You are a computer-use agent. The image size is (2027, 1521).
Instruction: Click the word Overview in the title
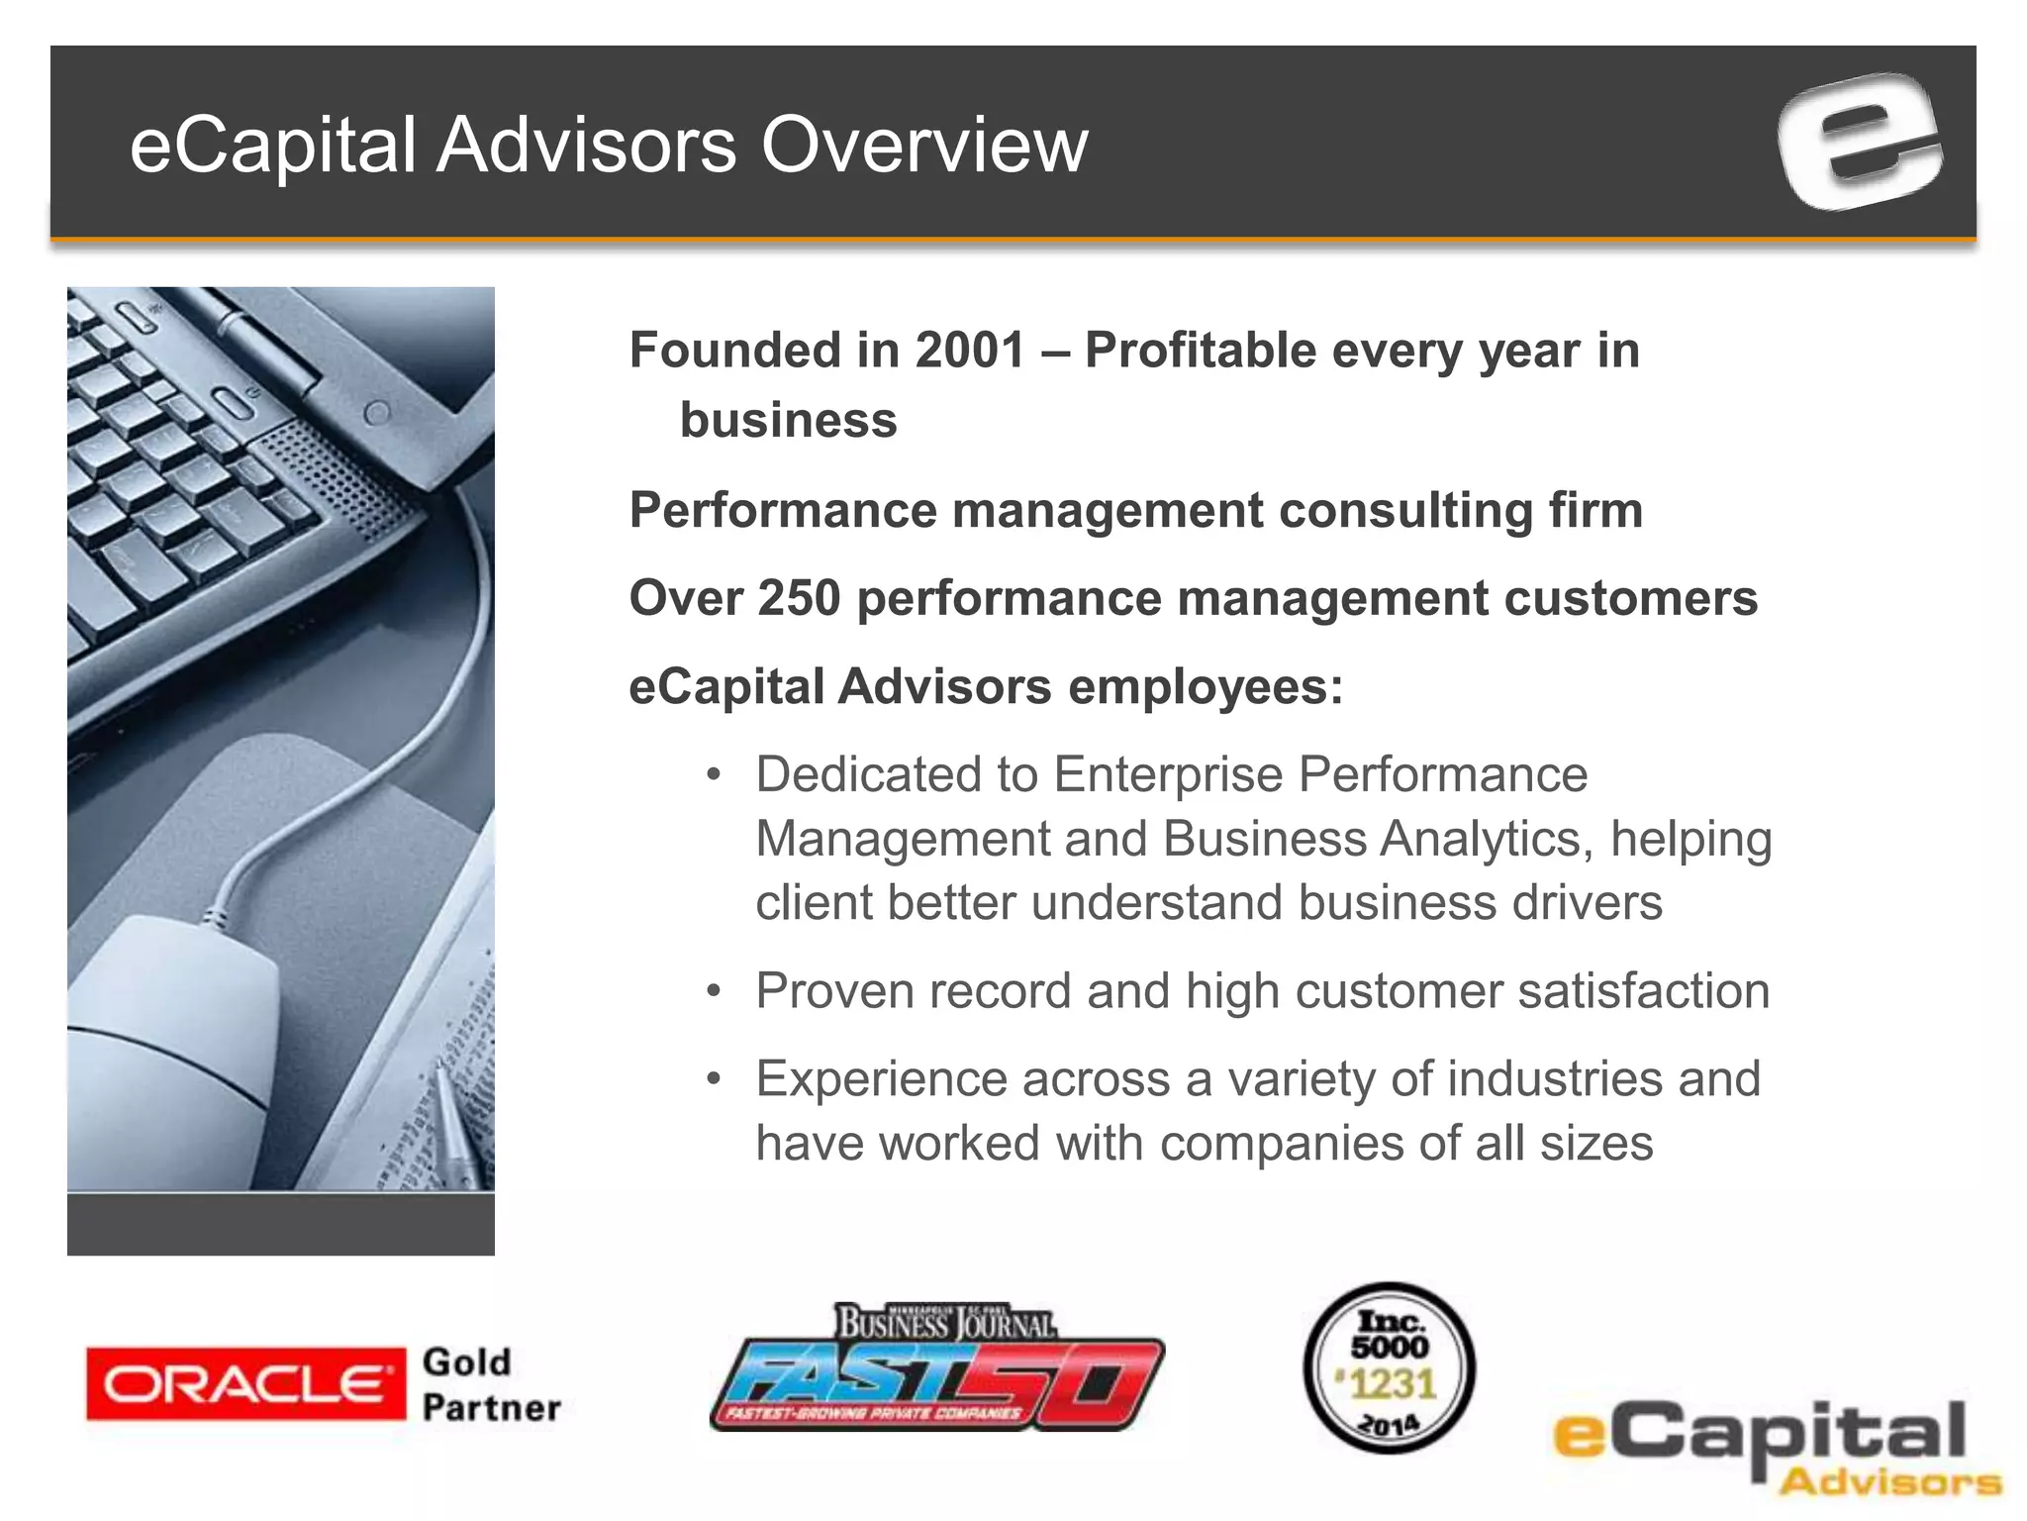(x=923, y=146)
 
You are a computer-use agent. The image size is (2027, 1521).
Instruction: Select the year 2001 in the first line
(x=970, y=351)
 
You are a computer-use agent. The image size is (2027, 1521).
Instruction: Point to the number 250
(x=799, y=598)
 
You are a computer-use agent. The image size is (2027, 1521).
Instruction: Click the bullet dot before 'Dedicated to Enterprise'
(x=714, y=774)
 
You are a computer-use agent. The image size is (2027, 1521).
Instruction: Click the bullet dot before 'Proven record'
(x=714, y=991)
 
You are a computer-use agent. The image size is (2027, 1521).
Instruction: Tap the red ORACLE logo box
(x=245, y=1383)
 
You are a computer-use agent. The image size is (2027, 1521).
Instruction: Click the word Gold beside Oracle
(x=466, y=1362)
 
